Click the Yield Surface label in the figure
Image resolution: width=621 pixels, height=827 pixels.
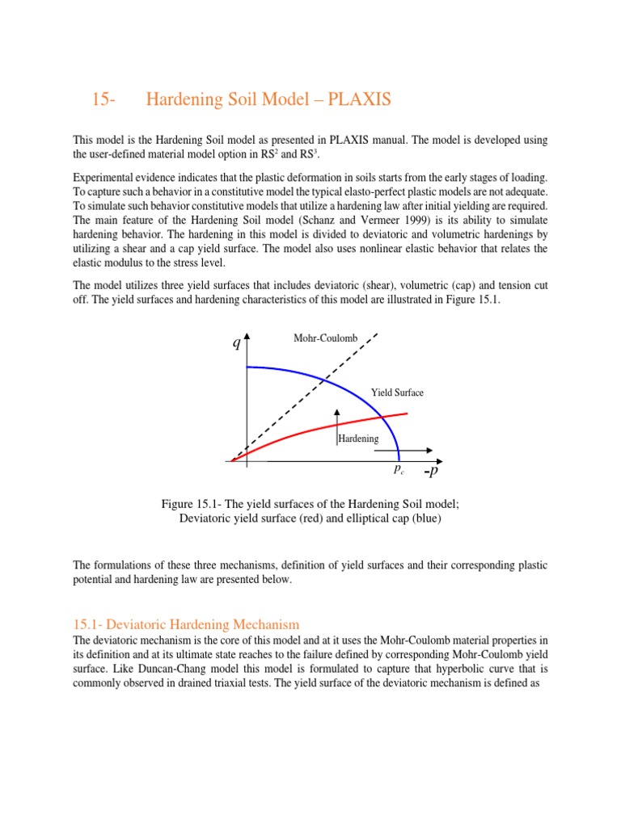coord(397,393)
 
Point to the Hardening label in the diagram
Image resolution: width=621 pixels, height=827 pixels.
coord(358,439)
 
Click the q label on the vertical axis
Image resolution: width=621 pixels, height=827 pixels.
coord(236,343)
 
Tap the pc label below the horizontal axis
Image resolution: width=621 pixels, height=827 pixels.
coord(399,469)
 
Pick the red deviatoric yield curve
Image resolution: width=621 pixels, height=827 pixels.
coord(307,430)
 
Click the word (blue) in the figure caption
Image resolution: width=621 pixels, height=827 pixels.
coord(424,518)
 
